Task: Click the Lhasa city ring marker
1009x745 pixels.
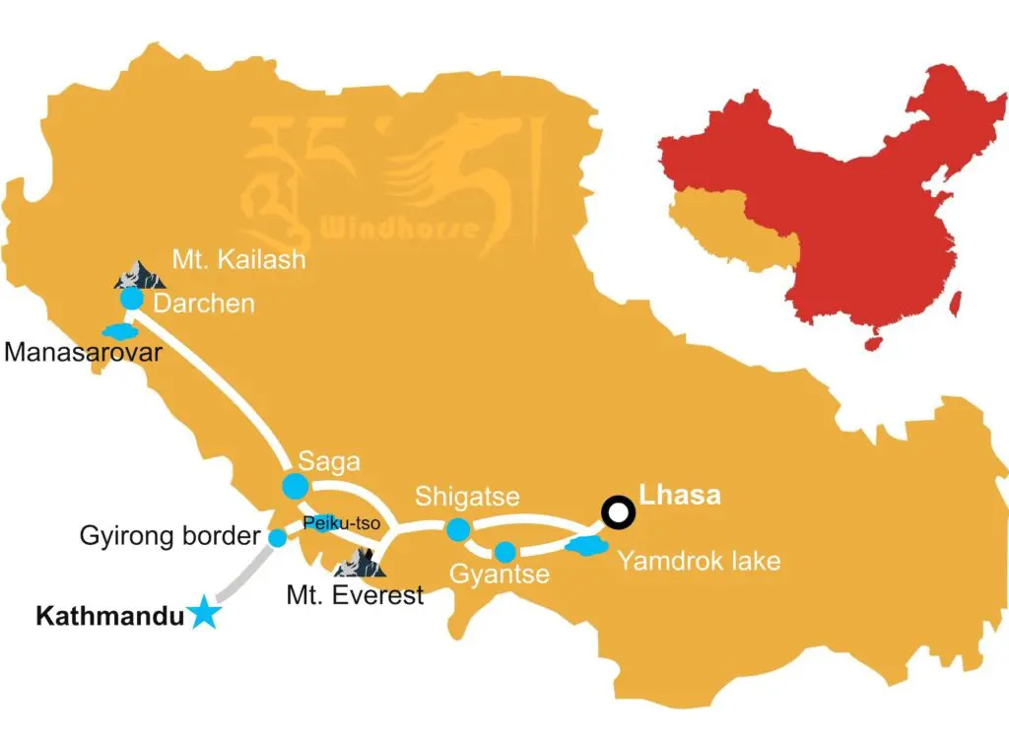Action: tap(618, 511)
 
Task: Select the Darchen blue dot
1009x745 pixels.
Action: tap(131, 299)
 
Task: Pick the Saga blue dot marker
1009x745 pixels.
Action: tap(295, 486)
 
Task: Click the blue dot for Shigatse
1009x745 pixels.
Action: tap(457, 530)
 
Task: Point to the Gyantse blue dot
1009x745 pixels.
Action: tap(504, 551)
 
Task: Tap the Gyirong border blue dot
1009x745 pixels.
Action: tap(278, 537)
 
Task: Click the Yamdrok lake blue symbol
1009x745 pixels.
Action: tap(585, 545)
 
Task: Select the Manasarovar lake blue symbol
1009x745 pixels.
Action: tap(117, 330)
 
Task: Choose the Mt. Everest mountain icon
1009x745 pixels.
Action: tap(359, 562)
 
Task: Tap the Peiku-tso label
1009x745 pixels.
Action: tap(329, 522)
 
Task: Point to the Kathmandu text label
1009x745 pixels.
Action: tap(110, 618)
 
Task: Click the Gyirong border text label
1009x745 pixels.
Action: tap(169, 537)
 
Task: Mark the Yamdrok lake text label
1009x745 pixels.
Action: tap(699, 562)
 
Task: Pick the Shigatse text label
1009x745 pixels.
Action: tap(467, 496)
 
